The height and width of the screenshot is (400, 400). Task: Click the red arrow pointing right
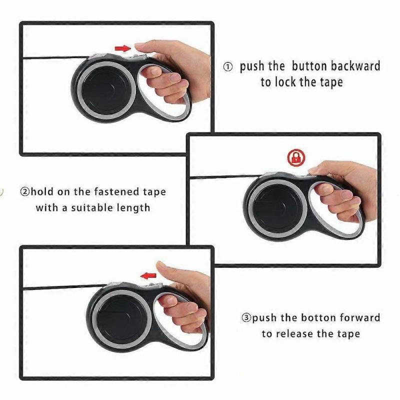122,48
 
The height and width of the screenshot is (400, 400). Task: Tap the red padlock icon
296,157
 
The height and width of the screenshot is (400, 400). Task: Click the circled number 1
227,67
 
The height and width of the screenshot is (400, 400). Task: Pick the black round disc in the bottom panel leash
118,316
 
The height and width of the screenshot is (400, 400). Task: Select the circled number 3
245,318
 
